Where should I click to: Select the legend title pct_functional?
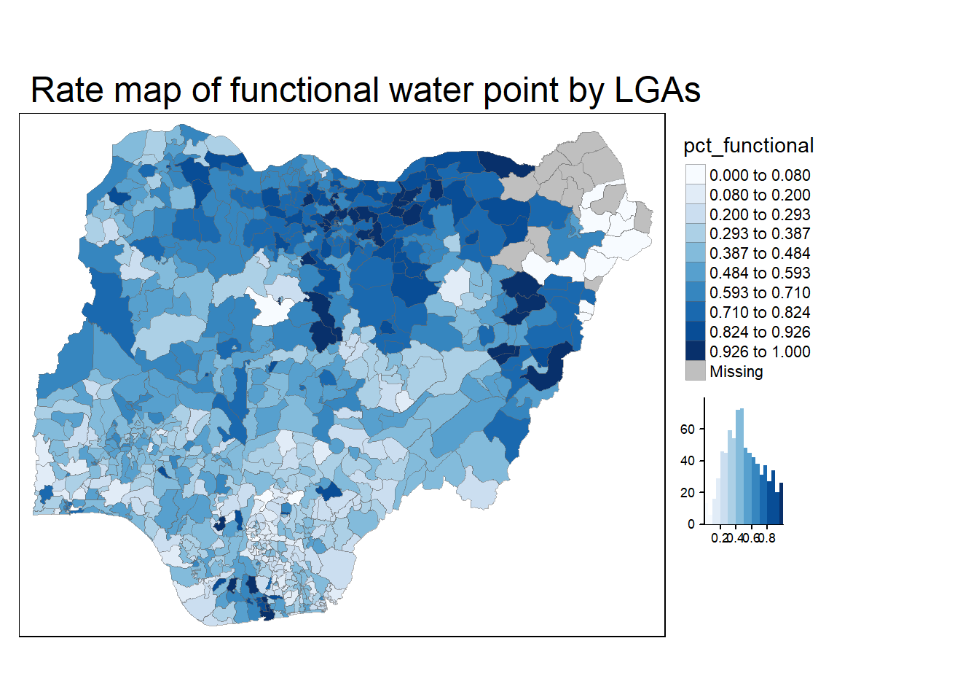(x=748, y=146)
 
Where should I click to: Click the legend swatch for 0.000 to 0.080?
(x=696, y=175)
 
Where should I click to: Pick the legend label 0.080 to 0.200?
(x=760, y=195)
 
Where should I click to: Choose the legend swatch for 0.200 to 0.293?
(x=696, y=214)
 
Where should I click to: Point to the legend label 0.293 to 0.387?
(x=760, y=234)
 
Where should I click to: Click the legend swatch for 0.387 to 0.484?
(x=696, y=254)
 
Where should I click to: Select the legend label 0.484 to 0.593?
(x=760, y=273)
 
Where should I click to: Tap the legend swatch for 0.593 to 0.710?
(x=696, y=293)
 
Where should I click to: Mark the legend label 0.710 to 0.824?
(x=760, y=313)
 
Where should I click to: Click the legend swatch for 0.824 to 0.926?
(x=696, y=332)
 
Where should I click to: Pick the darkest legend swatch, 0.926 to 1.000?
(x=696, y=351)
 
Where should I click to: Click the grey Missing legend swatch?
(x=696, y=371)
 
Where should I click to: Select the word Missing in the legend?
(x=736, y=372)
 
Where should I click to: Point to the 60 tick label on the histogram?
(x=688, y=429)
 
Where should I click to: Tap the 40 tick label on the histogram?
(x=688, y=461)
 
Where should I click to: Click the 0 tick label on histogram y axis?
(x=691, y=524)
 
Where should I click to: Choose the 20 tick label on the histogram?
(x=688, y=493)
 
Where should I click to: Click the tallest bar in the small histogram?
(x=742, y=467)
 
